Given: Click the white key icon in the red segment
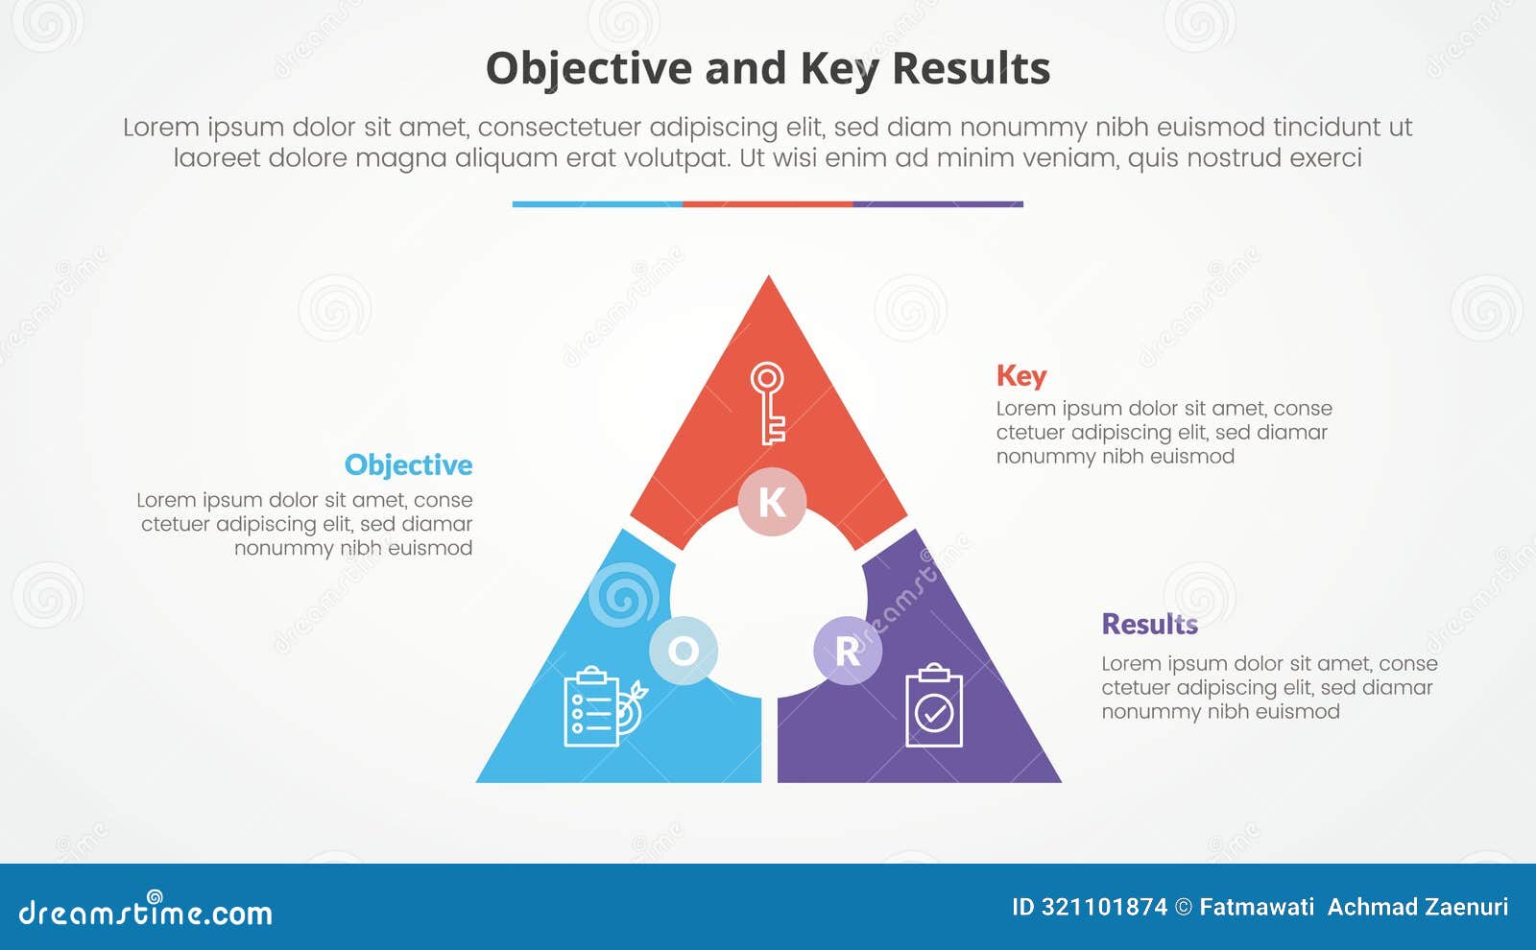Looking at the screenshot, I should click(x=768, y=403).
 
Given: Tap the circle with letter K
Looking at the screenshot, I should click(x=772, y=502).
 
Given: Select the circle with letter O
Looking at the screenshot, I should click(x=684, y=651).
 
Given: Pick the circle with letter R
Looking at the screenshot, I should click(x=848, y=651).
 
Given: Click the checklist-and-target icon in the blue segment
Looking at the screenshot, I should click(x=603, y=708).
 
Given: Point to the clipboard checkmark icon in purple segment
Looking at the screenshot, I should click(x=934, y=706).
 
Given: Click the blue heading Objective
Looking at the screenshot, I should click(x=408, y=465).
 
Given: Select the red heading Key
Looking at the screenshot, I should click(x=1020, y=376).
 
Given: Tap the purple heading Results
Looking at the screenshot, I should click(x=1149, y=625).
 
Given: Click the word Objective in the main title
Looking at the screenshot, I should click(x=588, y=69).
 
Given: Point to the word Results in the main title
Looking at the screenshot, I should click(x=971, y=69).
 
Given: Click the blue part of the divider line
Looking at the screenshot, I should click(x=597, y=204).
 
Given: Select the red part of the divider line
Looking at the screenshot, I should click(x=767, y=204).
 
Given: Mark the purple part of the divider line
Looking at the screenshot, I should click(x=938, y=204).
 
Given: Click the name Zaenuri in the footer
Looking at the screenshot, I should click(x=1464, y=907).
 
